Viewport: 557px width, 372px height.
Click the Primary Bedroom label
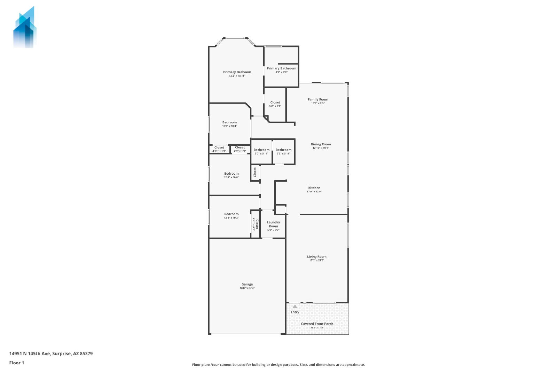(237, 72)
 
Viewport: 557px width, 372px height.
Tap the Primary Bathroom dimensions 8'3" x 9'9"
(282, 72)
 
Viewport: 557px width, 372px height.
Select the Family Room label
(318, 99)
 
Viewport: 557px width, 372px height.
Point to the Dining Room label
(321, 144)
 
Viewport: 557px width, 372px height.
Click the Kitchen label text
(314, 188)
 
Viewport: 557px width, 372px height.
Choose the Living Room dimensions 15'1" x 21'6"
(317, 260)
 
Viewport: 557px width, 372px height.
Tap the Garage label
(247, 284)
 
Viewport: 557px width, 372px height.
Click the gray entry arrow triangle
(295, 306)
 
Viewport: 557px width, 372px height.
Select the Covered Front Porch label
(317, 324)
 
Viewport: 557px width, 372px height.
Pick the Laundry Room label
(273, 224)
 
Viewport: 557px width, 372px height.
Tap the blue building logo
(25, 28)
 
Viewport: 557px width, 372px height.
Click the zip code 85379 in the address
(86, 354)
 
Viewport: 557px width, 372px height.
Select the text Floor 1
(17, 363)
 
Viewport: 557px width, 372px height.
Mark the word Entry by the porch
(295, 312)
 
